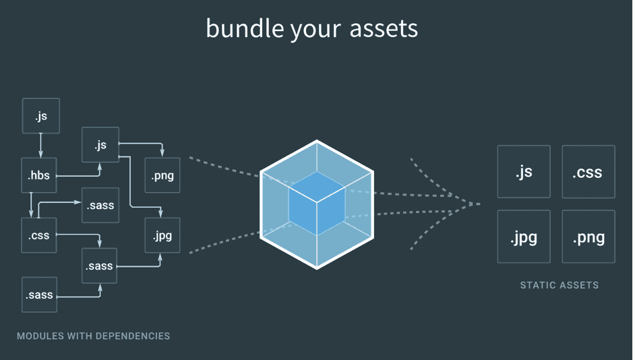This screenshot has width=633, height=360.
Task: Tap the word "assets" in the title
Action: click(x=384, y=29)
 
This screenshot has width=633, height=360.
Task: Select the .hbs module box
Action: click(x=38, y=175)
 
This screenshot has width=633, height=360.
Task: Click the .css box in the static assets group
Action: click(x=589, y=171)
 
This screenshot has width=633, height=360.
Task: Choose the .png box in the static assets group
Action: click(x=589, y=236)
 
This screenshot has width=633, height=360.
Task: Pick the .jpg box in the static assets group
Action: click(x=524, y=236)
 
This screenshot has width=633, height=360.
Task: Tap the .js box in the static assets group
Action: click(x=524, y=171)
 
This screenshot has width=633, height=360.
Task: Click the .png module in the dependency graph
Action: click(x=162, y=175)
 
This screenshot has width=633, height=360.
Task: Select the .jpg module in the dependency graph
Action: click(x=162, y=235)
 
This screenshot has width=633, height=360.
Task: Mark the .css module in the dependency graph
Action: click(x=38, y=235)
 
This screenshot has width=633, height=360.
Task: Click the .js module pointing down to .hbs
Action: click(x=40, y=116)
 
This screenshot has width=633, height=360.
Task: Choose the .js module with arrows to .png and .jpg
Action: click(x=100, y=145)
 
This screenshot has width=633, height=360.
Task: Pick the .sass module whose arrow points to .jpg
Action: click(x=99, y=266)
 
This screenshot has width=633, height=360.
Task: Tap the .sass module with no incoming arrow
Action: click(x=39, y=295)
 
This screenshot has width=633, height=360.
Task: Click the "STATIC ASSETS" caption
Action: click(x=559, y=285)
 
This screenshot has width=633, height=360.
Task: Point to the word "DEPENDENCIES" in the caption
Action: click(x=133, y=336)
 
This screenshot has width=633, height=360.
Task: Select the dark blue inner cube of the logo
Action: click(x=317, y=204)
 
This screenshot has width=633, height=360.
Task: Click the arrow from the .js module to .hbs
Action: click(x=40, y=146)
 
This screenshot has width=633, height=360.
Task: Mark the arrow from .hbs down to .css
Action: click(x=31, y=205)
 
